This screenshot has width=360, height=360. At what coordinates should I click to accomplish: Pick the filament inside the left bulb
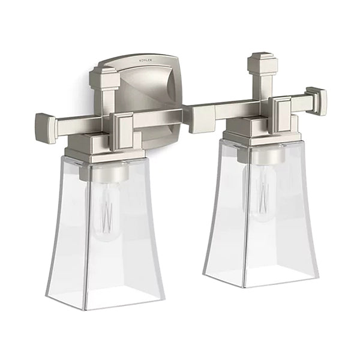tap(108, 216)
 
